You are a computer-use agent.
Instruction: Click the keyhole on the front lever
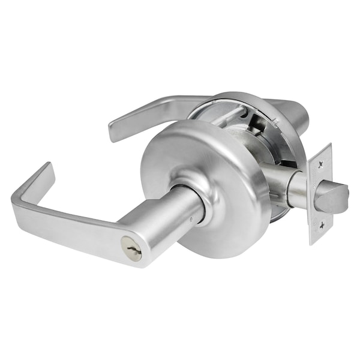point(130,247)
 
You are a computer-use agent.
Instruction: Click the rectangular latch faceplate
point(320,193)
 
